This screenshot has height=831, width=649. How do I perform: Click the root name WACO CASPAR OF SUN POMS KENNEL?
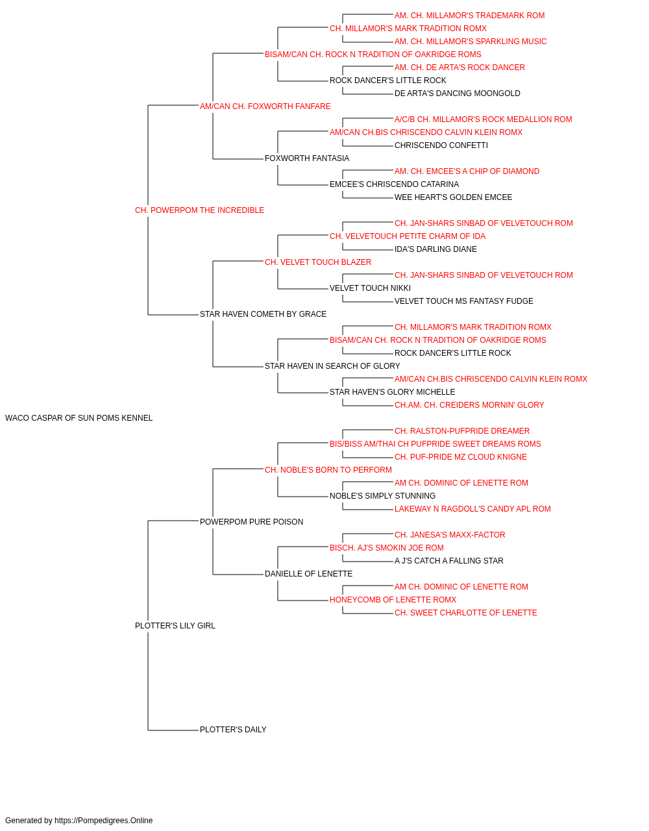coord(79,418)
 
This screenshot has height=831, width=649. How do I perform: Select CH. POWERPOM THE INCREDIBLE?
coord(199,210)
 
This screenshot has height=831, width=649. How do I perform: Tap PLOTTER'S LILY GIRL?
coord(175,626)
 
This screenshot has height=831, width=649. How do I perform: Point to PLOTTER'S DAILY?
coord(233,730)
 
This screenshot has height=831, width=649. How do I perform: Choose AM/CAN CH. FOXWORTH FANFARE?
coord(265,106)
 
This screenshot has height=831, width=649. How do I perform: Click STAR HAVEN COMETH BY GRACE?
coord(263,314)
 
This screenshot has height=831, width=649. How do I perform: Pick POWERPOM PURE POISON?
coord(252,522)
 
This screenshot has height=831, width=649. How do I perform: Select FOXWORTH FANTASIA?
coord(307,158)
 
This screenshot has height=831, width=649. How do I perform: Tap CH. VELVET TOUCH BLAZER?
coord(318,262)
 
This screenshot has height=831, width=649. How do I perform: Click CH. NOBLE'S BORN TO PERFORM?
coord(328,470)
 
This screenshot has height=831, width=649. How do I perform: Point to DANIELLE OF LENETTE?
coord(308,574)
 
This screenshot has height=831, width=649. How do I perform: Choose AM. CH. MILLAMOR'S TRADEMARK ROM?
coord(470,16)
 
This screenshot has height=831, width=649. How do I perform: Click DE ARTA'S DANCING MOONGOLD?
coord(458,93)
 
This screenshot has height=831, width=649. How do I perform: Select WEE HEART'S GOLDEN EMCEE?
coord(453,197)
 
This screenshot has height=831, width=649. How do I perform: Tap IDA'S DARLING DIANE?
coord(435,249)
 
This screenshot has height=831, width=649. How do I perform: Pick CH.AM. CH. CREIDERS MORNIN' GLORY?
coord(469,405)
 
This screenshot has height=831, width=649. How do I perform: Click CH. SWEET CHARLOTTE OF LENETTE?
coord(466,613)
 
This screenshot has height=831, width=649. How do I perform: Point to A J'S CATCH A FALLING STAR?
coord(449,561)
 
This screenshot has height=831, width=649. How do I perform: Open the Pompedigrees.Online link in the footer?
coord(104,821)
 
